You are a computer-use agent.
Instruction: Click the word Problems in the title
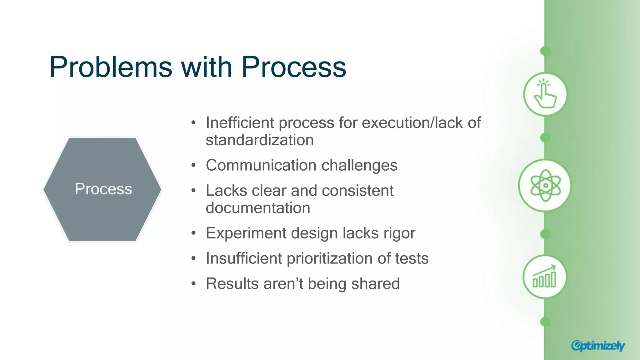tap(111, 67)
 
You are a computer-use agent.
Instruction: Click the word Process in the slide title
tap(294, 67)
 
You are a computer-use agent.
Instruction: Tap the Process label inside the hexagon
tap(103, 189)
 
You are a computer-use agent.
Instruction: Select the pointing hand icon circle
tap(545, 94)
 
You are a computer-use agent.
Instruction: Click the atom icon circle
tap(545, 186)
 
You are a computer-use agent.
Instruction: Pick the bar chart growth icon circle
tap(544, 277)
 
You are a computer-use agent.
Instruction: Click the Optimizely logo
tap(598, 346)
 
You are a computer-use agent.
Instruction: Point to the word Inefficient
tap(239, 122)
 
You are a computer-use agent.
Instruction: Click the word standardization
tap(259, 140)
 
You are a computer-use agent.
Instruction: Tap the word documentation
tap(258, 208)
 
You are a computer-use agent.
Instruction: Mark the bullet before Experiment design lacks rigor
tap(194, 233)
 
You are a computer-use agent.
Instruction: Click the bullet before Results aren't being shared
tap(194, 284)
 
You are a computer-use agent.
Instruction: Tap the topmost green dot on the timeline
tap(545, 51)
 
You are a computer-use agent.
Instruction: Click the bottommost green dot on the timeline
tap(545, 322)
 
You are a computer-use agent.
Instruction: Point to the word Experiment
tap(246, 233)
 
